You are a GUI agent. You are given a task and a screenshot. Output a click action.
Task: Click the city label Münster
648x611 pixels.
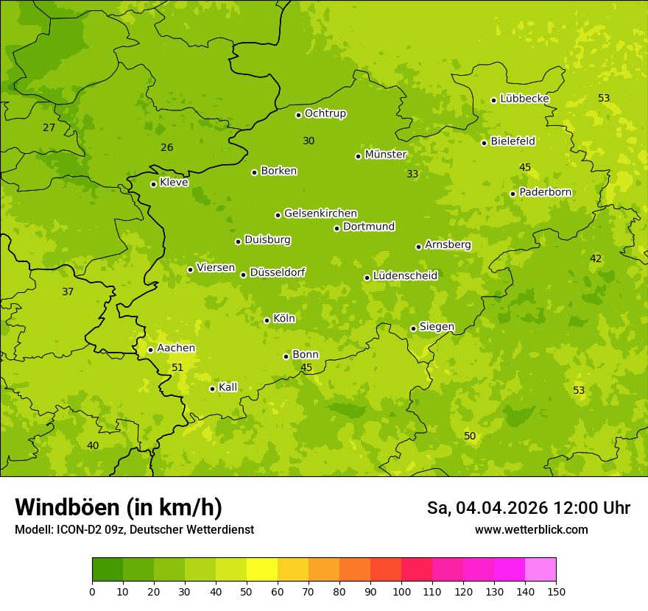(385, 155)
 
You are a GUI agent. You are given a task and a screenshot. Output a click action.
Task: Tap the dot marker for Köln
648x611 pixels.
(267, 320)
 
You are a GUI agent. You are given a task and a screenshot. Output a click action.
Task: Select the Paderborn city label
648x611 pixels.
(545, 192)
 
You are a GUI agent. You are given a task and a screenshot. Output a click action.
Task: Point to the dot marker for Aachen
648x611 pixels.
(150, 350)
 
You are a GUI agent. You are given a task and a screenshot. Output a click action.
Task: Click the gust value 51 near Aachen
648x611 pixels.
(177, 367)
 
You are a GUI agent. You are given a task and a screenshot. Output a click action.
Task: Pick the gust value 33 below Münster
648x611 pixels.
(412, 174)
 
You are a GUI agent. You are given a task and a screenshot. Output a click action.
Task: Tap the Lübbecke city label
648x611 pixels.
(524, 99)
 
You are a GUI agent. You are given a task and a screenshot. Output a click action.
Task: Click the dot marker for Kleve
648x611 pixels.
(153, 184)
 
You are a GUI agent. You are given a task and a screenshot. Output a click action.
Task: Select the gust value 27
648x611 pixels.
(49, 127)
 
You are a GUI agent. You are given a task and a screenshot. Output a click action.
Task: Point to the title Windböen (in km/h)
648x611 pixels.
(119, 507)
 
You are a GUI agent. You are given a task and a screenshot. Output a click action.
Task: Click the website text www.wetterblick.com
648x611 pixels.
(531, 529)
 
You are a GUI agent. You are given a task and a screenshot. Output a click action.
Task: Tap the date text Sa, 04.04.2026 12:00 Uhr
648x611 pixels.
(528, 508)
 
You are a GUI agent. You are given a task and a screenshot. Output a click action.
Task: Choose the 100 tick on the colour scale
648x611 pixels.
(401, 591)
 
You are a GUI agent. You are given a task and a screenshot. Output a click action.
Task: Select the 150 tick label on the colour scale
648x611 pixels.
(555, 591)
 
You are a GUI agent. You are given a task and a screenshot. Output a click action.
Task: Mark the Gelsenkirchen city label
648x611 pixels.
(320, 213)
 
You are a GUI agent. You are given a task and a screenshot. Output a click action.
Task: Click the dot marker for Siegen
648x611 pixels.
(413, 328)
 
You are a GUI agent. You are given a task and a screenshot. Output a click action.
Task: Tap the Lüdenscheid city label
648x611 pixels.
(405, 276)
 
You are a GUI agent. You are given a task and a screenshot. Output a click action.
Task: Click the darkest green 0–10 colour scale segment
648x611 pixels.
(108, 570)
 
